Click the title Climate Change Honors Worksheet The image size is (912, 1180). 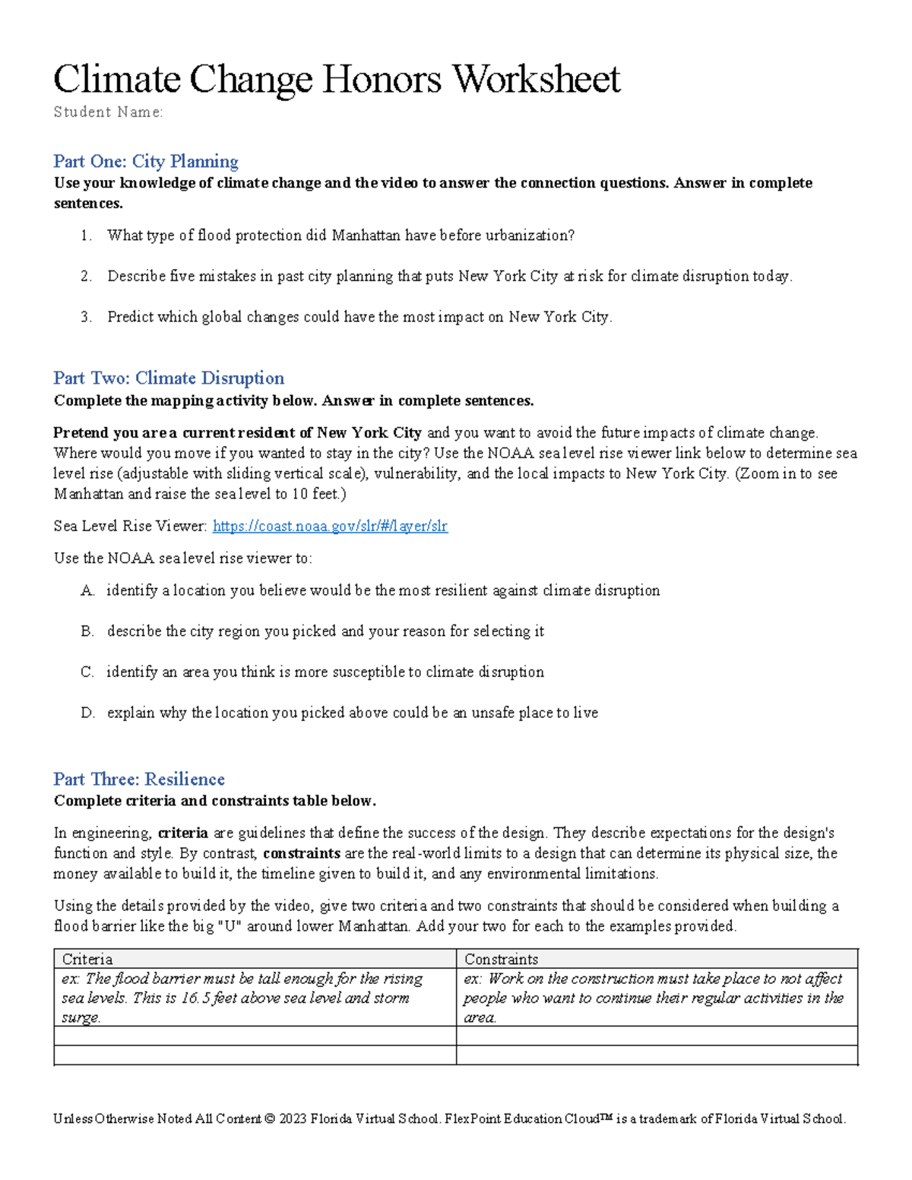coord(337,79)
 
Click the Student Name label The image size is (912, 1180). coord(108,112)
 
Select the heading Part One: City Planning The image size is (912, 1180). coord(146,161)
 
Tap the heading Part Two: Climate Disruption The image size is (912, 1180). coord(169,378)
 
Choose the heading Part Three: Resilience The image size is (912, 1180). coord(139,779)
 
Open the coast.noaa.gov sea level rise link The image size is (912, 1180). coord(330,526)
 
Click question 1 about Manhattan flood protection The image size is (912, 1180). coord(340,236)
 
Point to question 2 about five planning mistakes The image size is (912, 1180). coord(449,277)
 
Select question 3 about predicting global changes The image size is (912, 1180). coord(359,317)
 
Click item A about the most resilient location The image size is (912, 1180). coord(383,590)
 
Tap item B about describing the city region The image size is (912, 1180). coord(325,631)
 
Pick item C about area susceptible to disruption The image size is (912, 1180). coord(325,672)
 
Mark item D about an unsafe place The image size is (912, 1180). coord(352,713)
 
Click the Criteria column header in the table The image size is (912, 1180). coord(87,959)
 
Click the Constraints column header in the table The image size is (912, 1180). coord(501,959)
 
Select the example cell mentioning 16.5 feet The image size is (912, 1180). coord(255,998)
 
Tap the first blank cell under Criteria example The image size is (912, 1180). coord(255,1036)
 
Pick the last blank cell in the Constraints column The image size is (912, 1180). coord(657,1055)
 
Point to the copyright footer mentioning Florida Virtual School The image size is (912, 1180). coord(449,1118)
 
